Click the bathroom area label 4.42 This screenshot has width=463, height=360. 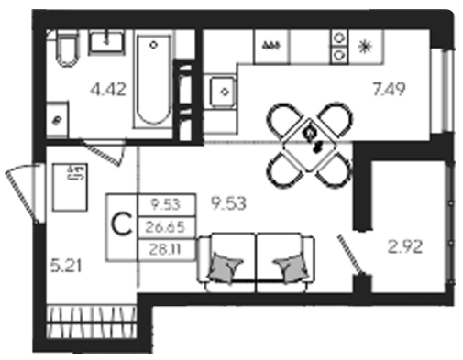pyautogui.click(x=108, y=90)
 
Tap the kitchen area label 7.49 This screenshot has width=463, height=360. pyautogui.click(x=389, y=89)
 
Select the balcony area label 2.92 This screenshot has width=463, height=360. pyautogui.click(x=405, y=246)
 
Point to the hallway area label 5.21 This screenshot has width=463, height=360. pyautogui.click(x=66, y=266)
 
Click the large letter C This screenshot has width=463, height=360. pyautogui.click(x=122, y=226)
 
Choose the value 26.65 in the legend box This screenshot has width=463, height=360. pyautogui.click(x=165, y=227)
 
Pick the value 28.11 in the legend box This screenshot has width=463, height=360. pyautogui.click(x=165, y=250)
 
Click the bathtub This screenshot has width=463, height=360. pyautogui.click(x=153, y=81)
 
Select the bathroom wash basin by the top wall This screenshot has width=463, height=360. pyautogui.click(x=106, y=43)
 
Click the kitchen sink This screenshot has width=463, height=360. pyautogui.click(x=223, y=92)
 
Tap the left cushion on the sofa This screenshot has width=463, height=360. pyautogui.click(x=226, y=267)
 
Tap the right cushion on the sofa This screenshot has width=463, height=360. pyautogui.click(x=292, y=267)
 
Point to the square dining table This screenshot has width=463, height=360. pyautogui.click(x=309, y=145)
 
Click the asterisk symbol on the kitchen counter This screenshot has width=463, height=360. pyautogui.click(x=365, y=48)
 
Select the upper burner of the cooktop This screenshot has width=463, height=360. pyautogui.click(x=339, y=38)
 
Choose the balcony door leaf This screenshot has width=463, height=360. pyautogui.click(x=350, y=254)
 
